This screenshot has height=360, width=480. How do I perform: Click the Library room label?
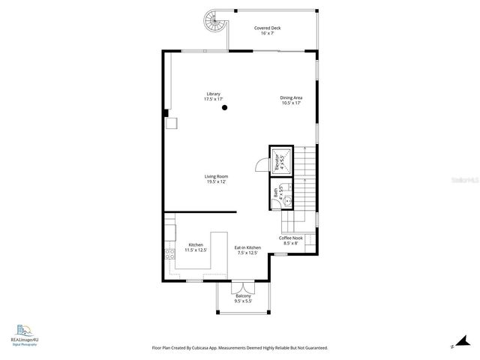tap(214, 94)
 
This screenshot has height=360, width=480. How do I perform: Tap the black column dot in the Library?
tap(224, 108)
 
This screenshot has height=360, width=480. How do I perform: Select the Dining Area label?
tap(291, 97)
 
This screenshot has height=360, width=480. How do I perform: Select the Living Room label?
tap(216, 176)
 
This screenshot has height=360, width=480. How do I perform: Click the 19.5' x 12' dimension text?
tap(216, 181)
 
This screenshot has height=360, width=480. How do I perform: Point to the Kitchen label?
tap(196, 244)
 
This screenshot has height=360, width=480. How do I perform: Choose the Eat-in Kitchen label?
tap(247, 247)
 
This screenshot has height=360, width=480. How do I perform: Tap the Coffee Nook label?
tap(291, 238)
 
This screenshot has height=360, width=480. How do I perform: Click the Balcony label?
tap(242, 296)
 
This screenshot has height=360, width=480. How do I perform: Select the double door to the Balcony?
tap(242, 286)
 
